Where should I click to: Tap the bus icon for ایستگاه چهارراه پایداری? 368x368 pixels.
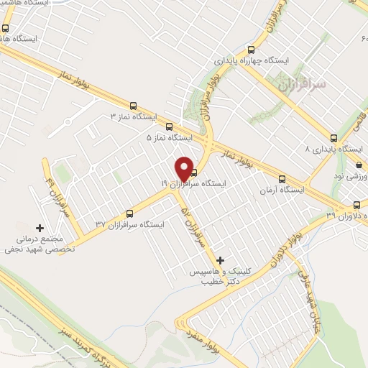[251, 50]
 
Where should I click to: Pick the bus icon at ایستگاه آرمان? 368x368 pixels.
[282, 180]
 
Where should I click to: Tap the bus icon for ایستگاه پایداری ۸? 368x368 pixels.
[333, 138]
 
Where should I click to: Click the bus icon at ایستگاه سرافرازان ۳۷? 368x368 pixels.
[129, 213]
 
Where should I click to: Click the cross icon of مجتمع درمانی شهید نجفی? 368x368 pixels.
[39, 227]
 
